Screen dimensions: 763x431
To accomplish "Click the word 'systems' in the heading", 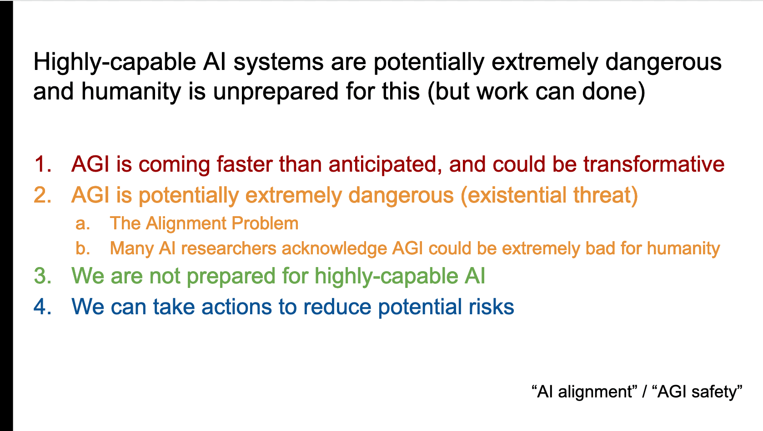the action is [278, 63].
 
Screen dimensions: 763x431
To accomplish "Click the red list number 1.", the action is [43, 164].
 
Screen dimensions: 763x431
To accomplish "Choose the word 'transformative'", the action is [654, 164].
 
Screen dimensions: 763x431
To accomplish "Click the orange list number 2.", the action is [43, 195].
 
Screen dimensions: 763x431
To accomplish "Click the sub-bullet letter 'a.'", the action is [83, 224].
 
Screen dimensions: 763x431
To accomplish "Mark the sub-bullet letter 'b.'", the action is [83, 248].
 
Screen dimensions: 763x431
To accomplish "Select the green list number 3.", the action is [43, 276].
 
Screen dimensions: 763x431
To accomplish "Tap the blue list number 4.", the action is [43, 307].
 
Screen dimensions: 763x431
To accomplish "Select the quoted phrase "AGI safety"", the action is [697, 391].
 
